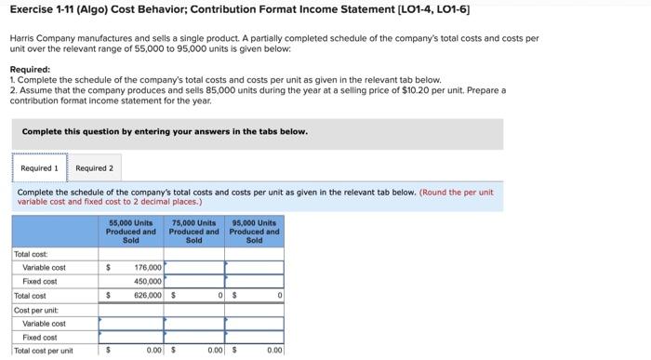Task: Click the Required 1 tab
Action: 39,168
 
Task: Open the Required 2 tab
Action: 94,168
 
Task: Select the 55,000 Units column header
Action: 130,231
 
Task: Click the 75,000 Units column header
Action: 193,231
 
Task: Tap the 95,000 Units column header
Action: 254,231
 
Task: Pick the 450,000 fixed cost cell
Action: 147,281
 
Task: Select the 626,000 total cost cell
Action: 147,295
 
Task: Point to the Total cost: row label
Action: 31,253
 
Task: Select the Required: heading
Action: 30,70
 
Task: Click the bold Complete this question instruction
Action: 164,132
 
